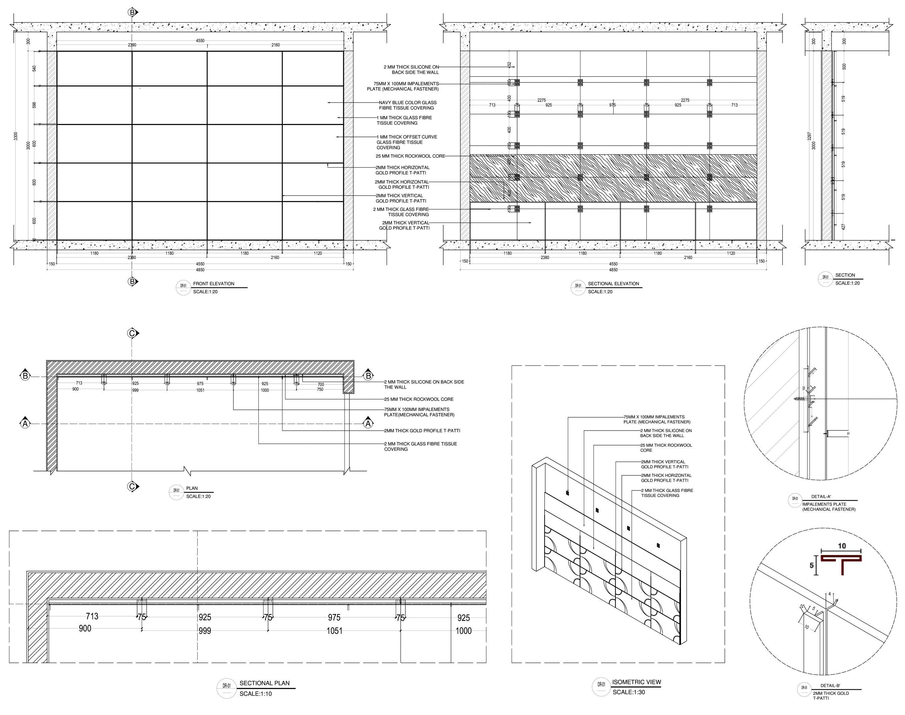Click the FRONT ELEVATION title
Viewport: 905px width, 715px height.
tap(213, 283)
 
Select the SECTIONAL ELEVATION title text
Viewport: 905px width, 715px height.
tap(613, 283)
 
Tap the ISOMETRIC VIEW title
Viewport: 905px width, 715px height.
tap(637, 682)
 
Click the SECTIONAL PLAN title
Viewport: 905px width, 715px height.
tap(264, 683)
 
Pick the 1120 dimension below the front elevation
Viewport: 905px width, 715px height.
tap(317, 253)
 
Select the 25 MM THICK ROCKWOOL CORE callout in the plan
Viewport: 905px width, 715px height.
tap(419, 399)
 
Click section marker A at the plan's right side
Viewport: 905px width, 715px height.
tap(368, 424)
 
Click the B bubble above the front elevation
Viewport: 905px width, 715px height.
tap(132, 13)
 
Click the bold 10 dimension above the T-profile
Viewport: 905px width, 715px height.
tap(842, 546)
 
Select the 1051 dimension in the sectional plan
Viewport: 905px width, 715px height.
tap(334, 630)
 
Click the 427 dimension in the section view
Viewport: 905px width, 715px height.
tap(844, 227)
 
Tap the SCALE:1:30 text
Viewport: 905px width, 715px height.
tap(629, 692)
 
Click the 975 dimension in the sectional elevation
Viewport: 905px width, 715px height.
tap(612, 105)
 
